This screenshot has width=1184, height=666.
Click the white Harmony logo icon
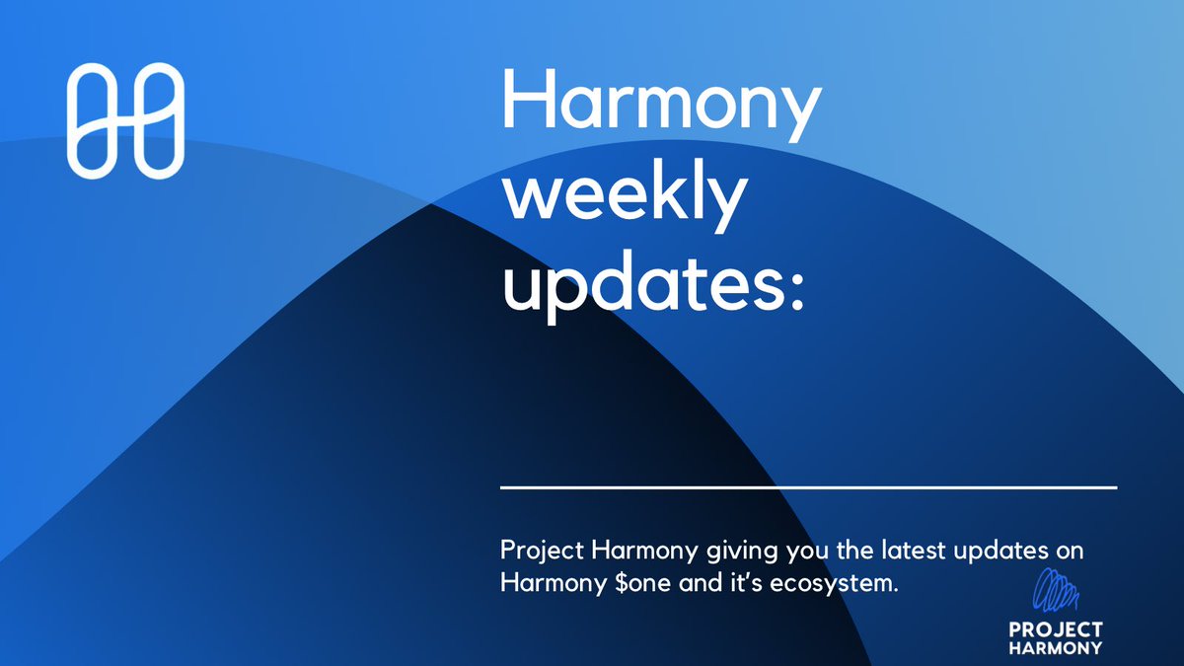point(125,120)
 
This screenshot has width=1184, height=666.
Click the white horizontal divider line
point(808,487)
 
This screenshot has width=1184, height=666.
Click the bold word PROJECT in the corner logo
point(1056,630)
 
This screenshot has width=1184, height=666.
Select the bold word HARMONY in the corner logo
point(1056,649)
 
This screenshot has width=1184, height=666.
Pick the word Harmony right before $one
point(544,583)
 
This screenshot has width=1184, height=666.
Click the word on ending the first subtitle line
point(1071,550)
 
